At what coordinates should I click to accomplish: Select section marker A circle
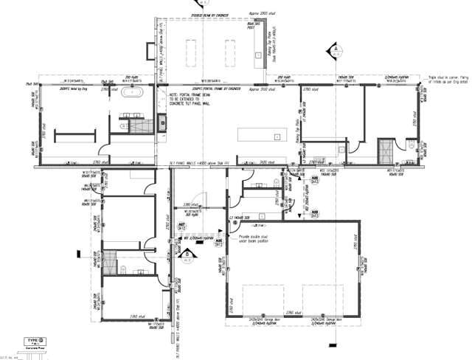334,51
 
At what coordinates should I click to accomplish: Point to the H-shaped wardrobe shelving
72,134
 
